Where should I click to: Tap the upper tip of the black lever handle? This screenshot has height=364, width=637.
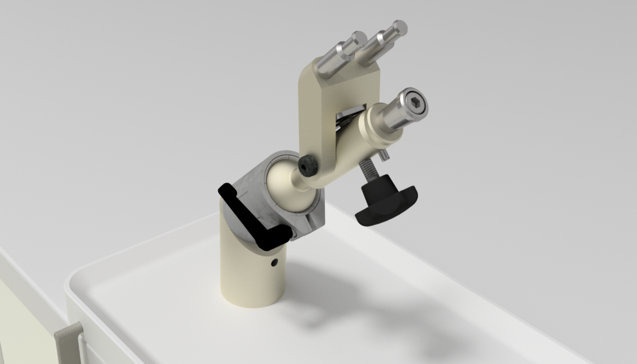coord(226,189)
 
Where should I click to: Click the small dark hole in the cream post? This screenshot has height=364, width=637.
coord(274,263)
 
